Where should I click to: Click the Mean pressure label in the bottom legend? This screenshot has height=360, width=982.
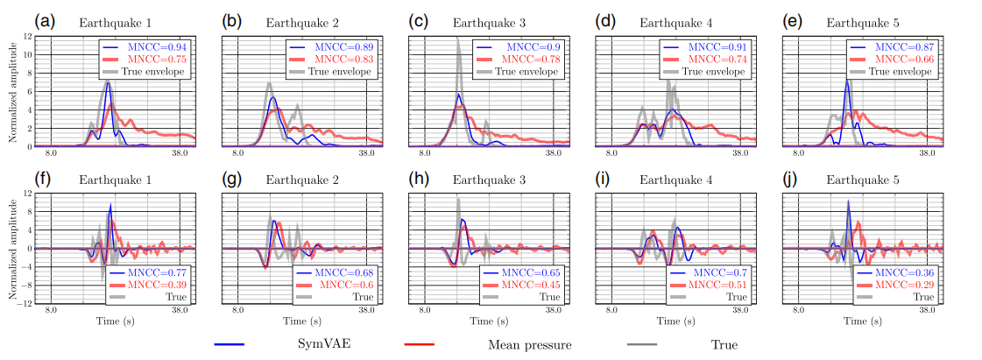[529, 345]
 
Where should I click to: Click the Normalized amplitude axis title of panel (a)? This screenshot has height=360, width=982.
[12, 91]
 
